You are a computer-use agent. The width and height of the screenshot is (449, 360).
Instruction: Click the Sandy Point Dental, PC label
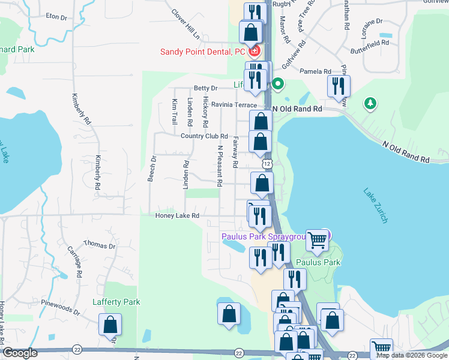tap(202, 52)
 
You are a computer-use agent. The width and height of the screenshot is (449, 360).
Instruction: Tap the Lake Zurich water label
tap(376, 206)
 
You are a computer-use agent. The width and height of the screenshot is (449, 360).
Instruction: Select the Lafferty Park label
tap(116, 302)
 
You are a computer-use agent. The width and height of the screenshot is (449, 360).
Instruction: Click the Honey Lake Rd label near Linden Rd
tap(177, 216)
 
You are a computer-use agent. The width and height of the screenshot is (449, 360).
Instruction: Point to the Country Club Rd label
tap(205, 137)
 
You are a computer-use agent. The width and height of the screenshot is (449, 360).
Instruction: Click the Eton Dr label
tap(56, 17)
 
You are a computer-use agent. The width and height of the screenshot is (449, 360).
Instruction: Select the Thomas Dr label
tap(100, 245)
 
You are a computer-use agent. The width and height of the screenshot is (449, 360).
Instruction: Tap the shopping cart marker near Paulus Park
tap(317, 240)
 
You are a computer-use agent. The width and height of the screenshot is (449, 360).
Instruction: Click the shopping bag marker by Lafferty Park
tap(110, 325)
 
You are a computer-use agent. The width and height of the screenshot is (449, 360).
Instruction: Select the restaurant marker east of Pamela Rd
tap(339, 86)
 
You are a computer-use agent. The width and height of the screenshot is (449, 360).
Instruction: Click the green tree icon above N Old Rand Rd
tap(370, 104)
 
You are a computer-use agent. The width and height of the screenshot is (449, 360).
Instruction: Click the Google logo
tap(20, 353)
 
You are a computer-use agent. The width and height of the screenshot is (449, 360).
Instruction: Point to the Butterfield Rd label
tap(370, 43)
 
